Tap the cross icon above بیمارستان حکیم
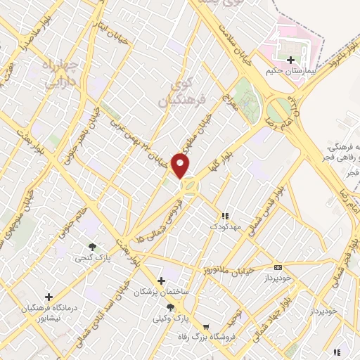tap(290, 60)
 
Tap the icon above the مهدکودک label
tap(225, 216)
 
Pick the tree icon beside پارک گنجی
tap(92, 246)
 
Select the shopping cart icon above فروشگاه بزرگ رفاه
tap(206, 326)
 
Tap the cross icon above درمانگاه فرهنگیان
tap(49, 297)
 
